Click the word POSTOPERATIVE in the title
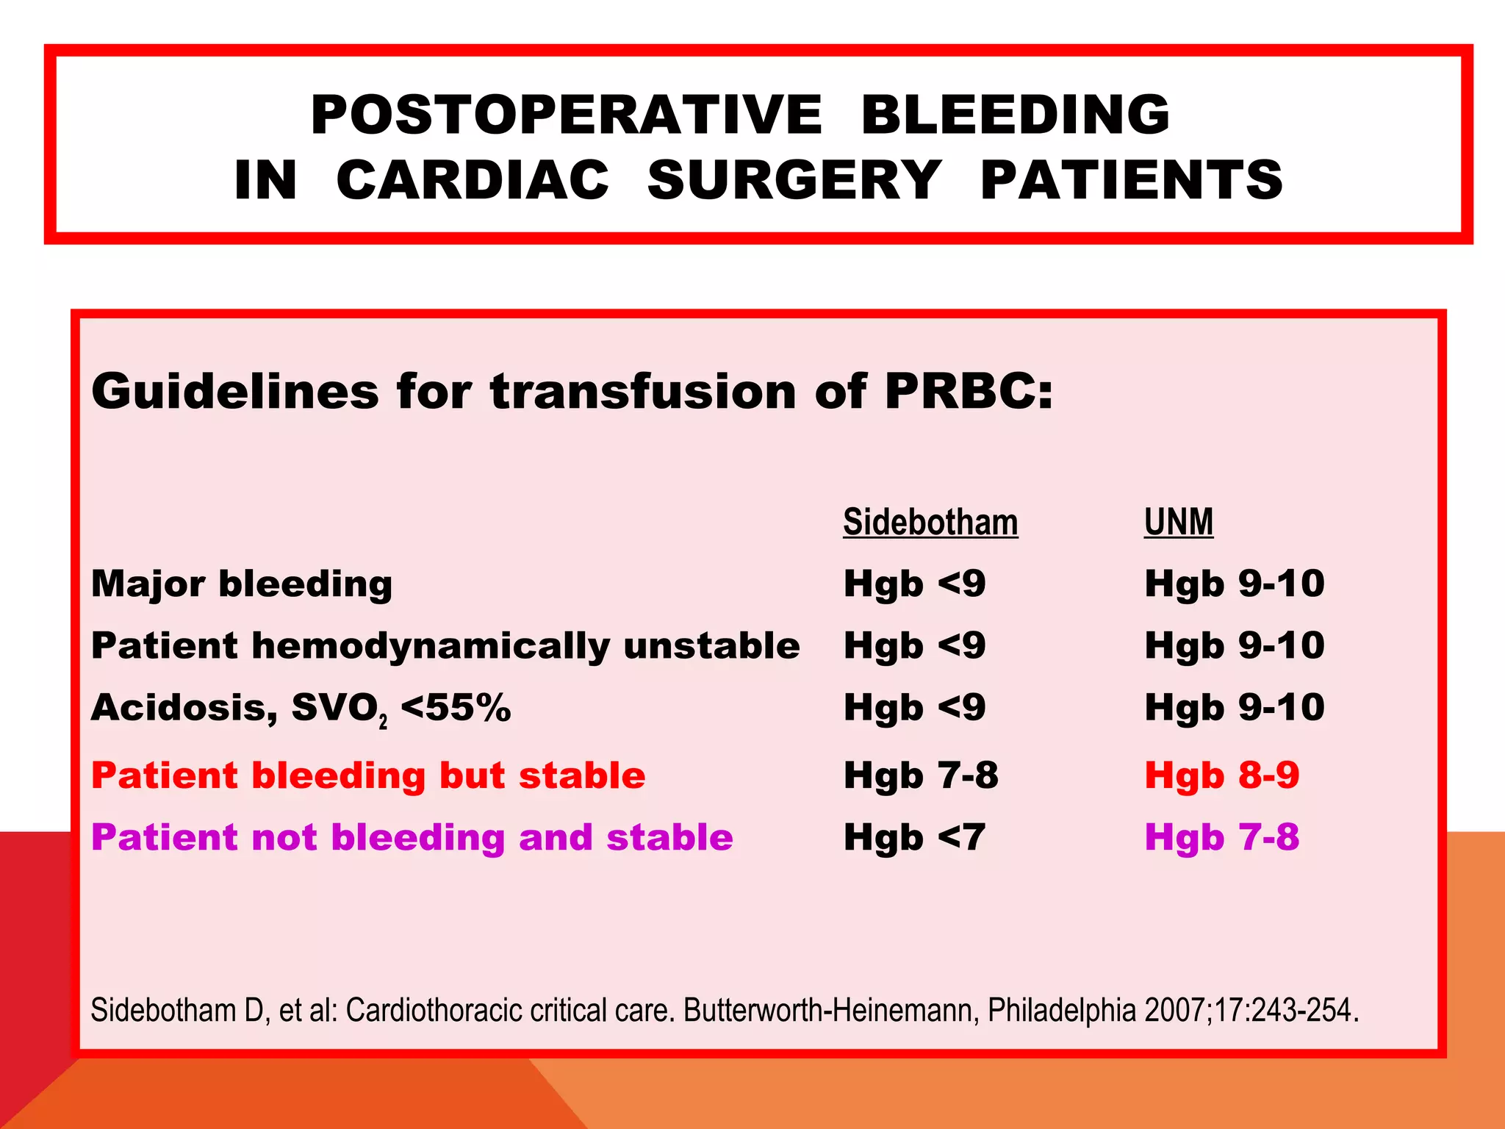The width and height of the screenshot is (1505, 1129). coord(566,115)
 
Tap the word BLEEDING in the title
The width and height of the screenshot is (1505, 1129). coord(1015,115)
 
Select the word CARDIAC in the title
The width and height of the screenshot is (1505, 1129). coord(473,180)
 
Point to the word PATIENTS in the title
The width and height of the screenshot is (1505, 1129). coord(1132,180)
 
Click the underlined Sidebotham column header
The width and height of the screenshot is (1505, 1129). coord(930,523)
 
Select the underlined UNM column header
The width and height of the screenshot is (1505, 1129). coord(1178,523)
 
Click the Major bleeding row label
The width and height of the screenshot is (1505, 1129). coord(242,584)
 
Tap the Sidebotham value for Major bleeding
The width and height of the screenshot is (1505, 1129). coord(914,584)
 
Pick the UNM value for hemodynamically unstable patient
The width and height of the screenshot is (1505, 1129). coord(1234,646)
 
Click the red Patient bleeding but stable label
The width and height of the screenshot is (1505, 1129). coord(368,776)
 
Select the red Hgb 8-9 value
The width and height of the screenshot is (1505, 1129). coord(1221,776)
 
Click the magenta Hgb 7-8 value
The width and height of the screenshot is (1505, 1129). coord(1221,838)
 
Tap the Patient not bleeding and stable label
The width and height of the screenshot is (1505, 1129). coord(412,838)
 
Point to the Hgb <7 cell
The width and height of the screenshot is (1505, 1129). coord(914,838)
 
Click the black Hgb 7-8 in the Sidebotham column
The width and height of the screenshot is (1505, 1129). coord(921,776)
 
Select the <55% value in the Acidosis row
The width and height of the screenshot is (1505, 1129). coord(456,708)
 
